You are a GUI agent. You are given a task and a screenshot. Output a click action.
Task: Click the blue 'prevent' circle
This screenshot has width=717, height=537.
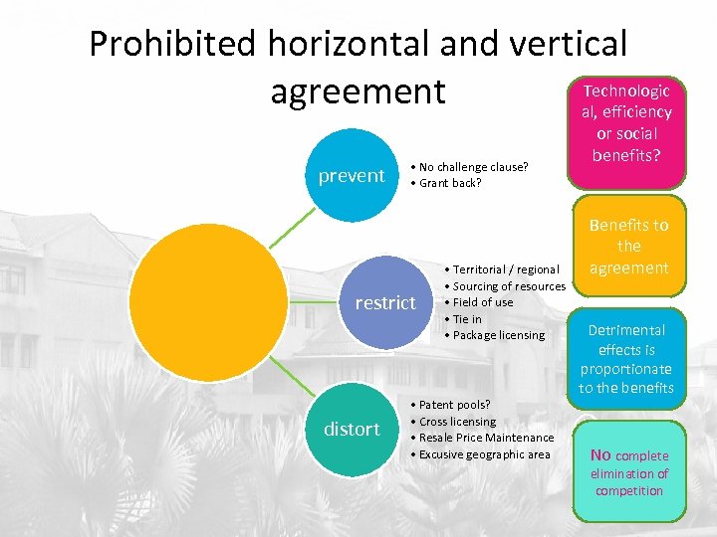pos(351,176)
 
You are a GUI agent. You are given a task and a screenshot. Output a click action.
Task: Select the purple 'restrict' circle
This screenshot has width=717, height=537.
pos(385,302)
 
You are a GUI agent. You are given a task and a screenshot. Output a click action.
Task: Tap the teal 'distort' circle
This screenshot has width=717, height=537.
pos(352,429)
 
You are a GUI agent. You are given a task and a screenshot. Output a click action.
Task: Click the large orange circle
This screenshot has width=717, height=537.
pos(208,302)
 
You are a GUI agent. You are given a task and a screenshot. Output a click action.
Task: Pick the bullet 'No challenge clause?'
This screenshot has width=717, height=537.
pos(473,166)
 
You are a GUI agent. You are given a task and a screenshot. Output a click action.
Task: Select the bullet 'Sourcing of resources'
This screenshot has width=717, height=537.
pos(509,286)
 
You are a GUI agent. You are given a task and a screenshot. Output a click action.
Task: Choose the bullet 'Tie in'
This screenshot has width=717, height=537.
pos(467,319)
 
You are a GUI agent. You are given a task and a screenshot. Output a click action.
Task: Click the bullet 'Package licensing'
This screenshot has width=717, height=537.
pos(498,335)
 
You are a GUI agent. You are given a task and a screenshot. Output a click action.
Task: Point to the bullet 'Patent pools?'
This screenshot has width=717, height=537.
pos(455,405)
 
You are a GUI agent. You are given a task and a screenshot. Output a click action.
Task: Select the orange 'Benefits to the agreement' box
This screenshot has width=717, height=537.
pos(628,246)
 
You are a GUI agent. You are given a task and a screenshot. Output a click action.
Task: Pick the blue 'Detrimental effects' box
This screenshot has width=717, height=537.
pos(626,358)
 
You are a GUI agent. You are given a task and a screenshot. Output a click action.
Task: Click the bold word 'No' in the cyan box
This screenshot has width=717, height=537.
pos(600,455)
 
